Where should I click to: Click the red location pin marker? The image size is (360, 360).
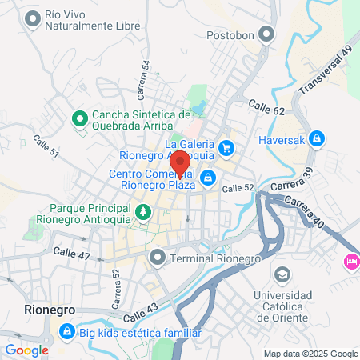coord(180,162)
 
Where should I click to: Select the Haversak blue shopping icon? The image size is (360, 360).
coord(317,139)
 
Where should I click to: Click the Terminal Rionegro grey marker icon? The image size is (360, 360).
coord(157,258)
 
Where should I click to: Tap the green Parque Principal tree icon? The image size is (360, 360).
coord(143,212)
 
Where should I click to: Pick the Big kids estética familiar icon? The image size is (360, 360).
coord(67,331)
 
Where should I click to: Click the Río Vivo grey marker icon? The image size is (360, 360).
coord(32,19)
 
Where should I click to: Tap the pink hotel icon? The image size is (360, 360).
coord(351,262)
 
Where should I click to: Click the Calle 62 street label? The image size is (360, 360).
coord(266,106)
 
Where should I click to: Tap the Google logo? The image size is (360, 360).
coord(26,350)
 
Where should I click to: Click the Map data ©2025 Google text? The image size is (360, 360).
coord(311,354)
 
